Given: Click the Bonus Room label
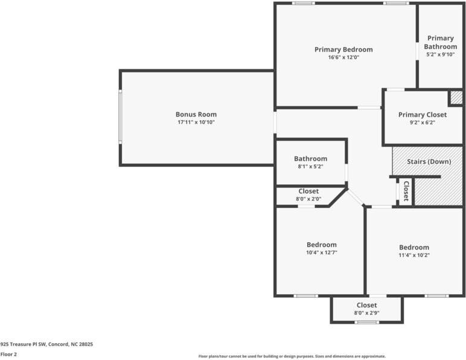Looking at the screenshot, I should (x=196, y=114).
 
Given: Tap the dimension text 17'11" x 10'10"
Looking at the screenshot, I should (x=196, y=122).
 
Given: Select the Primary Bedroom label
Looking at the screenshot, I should (x=343, y=50).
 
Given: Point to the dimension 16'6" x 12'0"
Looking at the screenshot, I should (x=343, y=57).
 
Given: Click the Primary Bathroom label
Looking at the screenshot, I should (x=440, y=42).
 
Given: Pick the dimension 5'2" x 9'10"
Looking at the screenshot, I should (x=440, y=54).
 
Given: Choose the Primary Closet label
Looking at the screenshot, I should (x=423, y=115).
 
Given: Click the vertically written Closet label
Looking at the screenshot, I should (x=406, y=191).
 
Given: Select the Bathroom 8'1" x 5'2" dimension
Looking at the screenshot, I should (x=310, y=167).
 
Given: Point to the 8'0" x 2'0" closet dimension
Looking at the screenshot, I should (x=308, y=199).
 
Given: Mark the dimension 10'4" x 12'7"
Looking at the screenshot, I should (x=321, y=252).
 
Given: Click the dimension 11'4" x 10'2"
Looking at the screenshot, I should (x=413, y=255).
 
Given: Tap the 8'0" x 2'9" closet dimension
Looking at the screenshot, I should (x=366, y=313).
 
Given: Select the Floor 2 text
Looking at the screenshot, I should (x=8, y=354).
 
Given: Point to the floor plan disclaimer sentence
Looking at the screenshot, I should (x=292, y=356).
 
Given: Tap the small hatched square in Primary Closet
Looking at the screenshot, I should (x=456, y=97).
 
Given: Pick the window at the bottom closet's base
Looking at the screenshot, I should (x=366, y=322).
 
